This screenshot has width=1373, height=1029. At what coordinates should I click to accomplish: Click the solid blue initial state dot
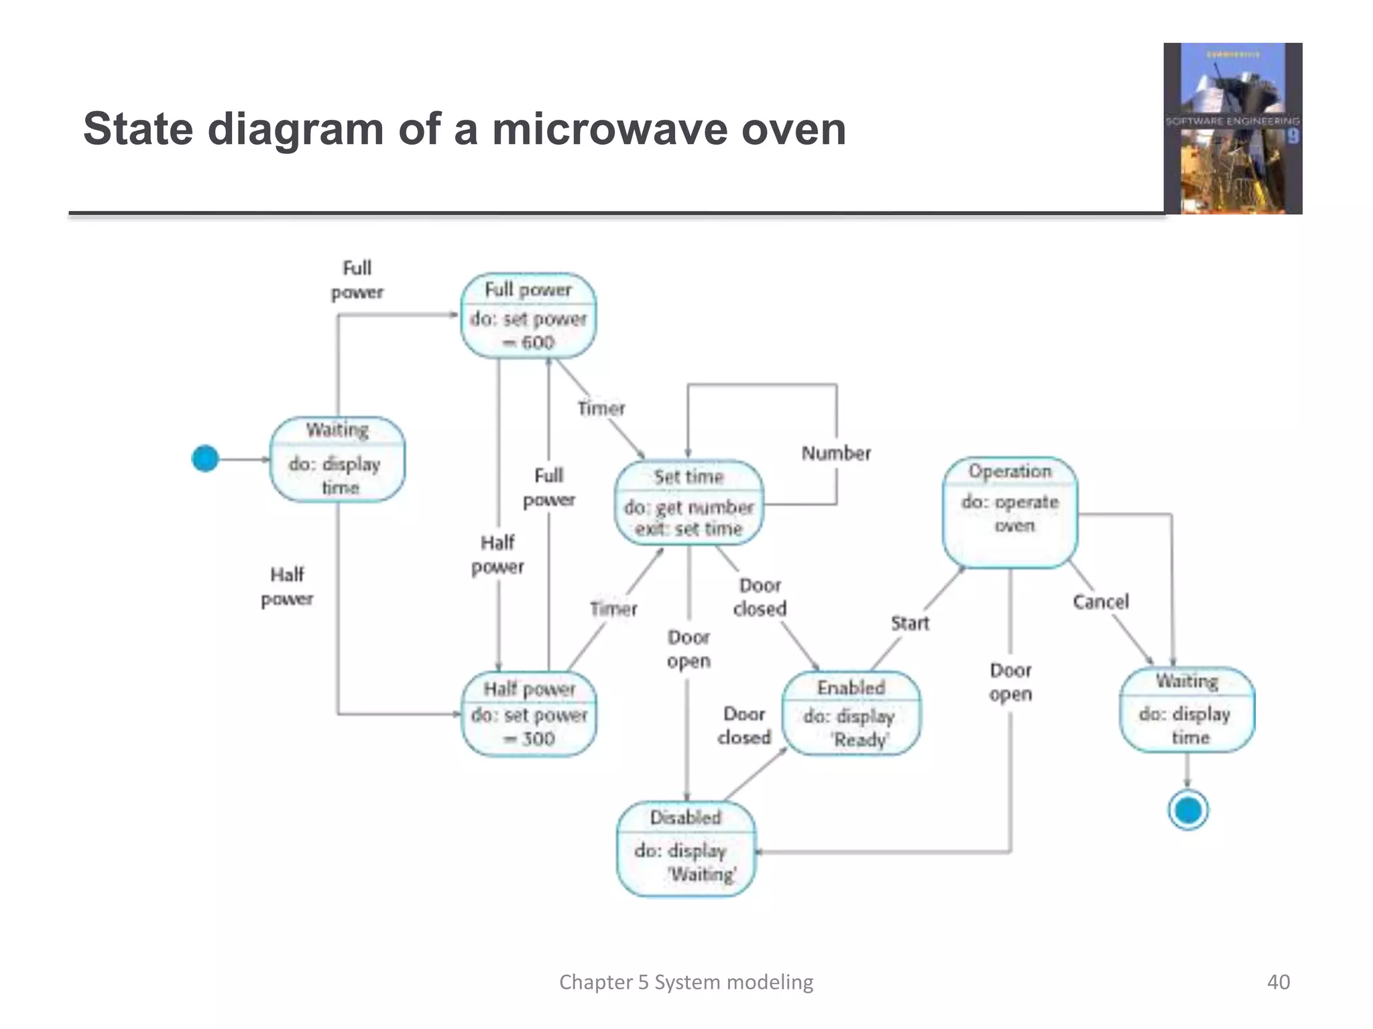[x=205, y=459]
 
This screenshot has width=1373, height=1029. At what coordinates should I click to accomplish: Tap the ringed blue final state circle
[x=1188, y=811]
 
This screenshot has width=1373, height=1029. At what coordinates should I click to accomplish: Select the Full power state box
[x=528, y=316]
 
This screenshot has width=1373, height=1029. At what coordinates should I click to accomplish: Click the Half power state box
[x=529, y=714]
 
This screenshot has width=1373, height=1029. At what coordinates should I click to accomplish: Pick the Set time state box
[x=689, y=502]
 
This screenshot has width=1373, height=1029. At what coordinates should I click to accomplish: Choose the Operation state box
[x=1010, y=512]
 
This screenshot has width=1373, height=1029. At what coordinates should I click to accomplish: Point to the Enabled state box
[x=851, y=713]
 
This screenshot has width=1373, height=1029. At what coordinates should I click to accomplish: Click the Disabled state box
[x=686, y=848]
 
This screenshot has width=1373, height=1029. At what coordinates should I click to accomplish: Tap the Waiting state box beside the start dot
[x=337, y=460]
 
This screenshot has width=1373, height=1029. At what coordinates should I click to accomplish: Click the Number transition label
[x=836, y=454]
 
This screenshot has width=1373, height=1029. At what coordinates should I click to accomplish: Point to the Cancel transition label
[x=1101, y=602]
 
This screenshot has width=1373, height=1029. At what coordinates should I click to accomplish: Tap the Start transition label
[x=910, y=624]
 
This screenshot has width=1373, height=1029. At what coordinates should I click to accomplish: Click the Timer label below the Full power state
[x=601, y=409]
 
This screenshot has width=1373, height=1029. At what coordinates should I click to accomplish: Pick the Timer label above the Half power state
[x=613, y=609]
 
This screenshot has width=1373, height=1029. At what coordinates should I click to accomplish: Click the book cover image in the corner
[x=1232, y=129]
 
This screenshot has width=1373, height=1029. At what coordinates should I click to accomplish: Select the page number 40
[x=1278, y=982]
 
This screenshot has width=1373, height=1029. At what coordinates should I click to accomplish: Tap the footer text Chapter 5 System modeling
[x=686, y=982]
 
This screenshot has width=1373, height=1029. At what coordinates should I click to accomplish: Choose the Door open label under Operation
[x=1010, y=682]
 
